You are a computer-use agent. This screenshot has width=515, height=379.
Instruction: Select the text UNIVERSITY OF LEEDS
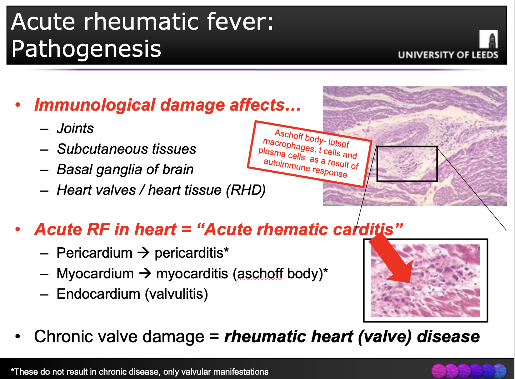coord(448,55)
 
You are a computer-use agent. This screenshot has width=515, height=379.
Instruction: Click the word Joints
coord(75,128)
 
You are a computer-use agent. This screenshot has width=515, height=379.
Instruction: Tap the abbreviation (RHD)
coord(246,190)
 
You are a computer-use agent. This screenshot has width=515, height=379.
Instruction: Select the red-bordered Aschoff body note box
coord(309,154)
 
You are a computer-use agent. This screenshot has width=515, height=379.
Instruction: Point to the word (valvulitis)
coord(176,294)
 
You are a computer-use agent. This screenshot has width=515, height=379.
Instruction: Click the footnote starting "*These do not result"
coord(140,372)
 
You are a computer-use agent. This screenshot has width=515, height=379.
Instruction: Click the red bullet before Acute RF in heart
coord(18,229)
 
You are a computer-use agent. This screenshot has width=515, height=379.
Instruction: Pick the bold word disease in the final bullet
coord(448,337)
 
